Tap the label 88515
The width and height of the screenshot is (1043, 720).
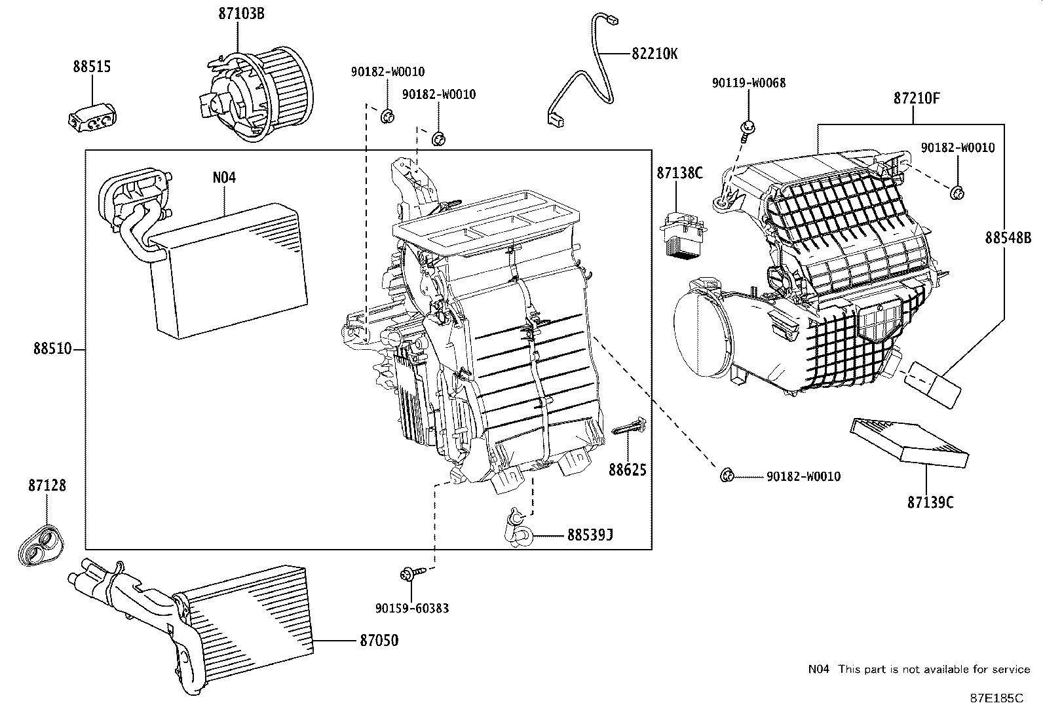coord(92,66)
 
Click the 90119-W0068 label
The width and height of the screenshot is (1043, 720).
coord(749,83)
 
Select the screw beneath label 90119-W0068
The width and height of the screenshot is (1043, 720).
coord(748,129)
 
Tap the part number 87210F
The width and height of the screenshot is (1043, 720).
coord(917,99)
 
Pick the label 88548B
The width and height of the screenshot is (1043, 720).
coord(1008,238)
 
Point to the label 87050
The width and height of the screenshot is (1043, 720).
coord(378,640)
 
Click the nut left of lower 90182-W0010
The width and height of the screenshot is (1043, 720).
coord(725,476)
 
